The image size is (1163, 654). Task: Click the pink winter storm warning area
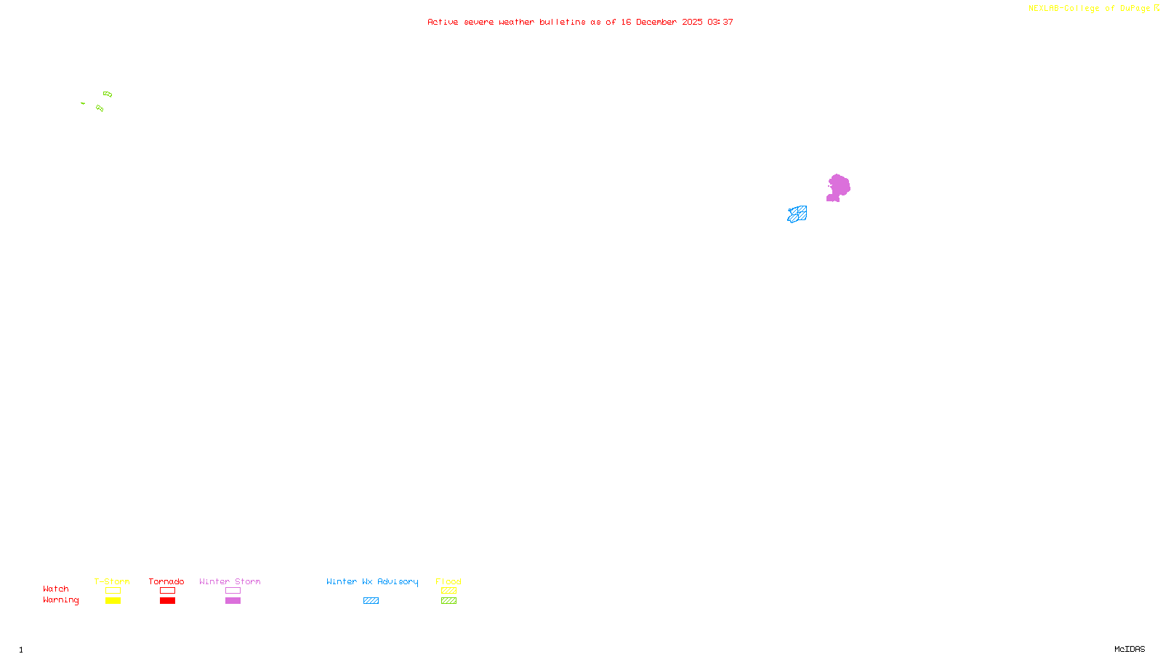[x=839, y=187]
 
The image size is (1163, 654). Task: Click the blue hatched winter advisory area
[x=797, y=214]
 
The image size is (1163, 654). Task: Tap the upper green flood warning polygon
[x=108, y=94]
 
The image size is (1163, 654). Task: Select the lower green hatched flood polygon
[x=100, y=108]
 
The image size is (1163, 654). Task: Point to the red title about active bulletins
[x=580, y=22]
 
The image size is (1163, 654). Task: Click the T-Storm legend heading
[x=112, y=581]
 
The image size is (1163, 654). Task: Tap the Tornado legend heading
[x=166, y=581]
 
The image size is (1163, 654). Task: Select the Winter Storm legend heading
[x=230, y=581]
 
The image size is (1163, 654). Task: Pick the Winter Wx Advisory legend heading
[x=372, y=581]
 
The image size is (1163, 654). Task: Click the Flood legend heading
[x=448, y=581]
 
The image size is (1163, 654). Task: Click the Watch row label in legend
[x=56, y=589]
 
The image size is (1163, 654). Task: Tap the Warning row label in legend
[x=60, y=600]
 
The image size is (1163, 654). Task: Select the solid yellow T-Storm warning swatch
[x=113, y=601]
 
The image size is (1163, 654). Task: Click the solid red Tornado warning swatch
[x=167, y=601]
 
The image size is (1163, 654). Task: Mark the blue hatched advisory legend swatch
[x=371, y=601]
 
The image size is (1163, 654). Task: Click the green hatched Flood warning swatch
[x=448, y=601]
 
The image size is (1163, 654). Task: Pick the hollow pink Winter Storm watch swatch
[x=233, y=591]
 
